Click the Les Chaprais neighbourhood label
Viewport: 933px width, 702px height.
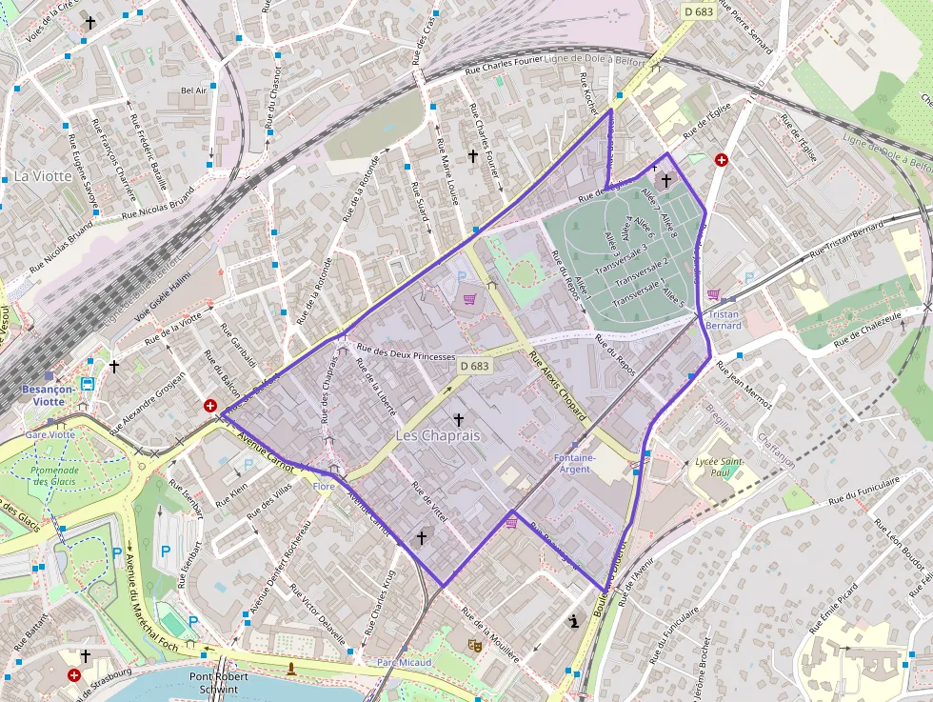[438, 435]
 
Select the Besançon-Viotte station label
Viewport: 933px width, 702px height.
[56, 395]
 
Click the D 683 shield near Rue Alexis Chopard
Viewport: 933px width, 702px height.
[474, 366]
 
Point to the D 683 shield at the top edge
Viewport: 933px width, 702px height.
[699, 10]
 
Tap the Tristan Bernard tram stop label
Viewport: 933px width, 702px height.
[724, 320]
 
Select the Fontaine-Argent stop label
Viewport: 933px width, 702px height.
[575, 463]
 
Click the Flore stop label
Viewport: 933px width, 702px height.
[324, 487]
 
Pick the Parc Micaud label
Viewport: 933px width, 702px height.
[404, 662]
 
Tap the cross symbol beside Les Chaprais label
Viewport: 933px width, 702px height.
[458, 419]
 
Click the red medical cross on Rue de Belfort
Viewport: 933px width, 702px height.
[209, 406]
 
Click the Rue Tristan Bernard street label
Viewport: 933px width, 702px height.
[846, 242]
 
